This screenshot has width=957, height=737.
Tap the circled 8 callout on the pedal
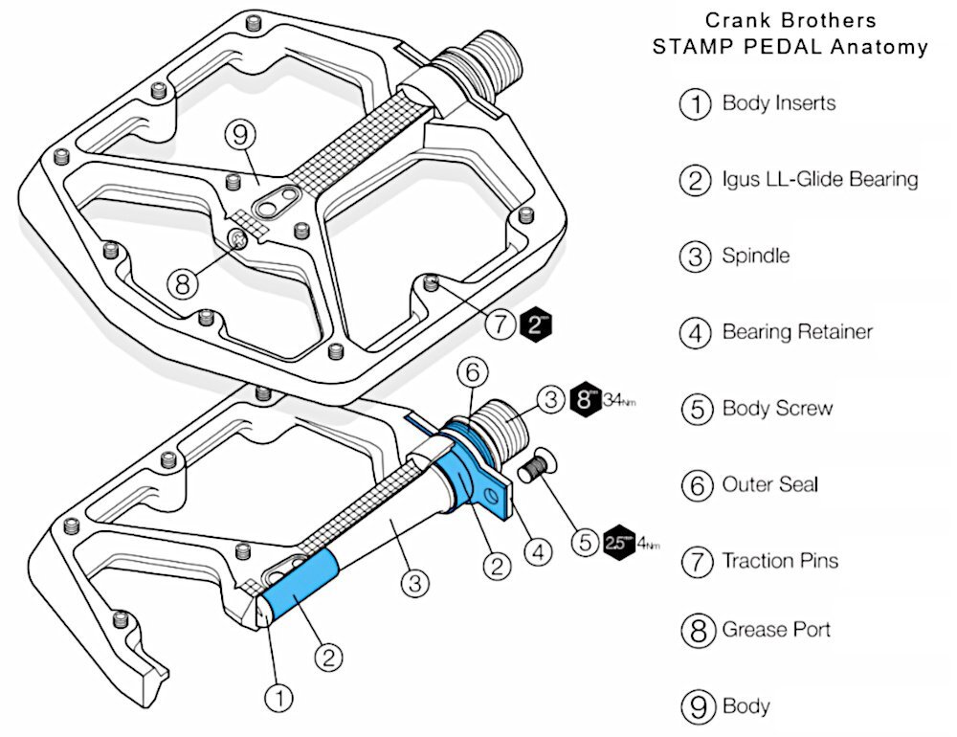[183, 282]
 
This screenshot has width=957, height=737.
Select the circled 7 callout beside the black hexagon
[501, 324]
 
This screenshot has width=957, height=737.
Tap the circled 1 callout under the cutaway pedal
[279, 698]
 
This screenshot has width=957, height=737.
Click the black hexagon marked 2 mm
[536, 324]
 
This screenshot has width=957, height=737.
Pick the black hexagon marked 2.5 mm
[618, 543]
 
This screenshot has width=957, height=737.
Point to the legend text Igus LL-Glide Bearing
[819, 179]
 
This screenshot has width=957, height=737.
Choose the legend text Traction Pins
[779, 561]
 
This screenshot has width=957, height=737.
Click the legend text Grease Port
[775, 630]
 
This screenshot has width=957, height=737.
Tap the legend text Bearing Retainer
[796, 332]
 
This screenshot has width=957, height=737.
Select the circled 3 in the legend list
[696, 257]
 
